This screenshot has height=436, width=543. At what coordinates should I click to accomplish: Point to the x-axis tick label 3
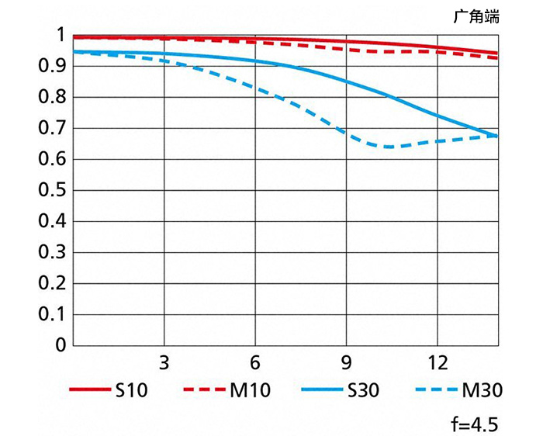click(x=163, y=362)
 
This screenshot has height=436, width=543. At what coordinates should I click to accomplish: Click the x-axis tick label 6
click(x=254, y=362)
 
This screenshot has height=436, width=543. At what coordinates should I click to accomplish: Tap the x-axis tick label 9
click(x=345, y=362)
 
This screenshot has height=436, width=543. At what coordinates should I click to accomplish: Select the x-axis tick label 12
click(x=437, y=362)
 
